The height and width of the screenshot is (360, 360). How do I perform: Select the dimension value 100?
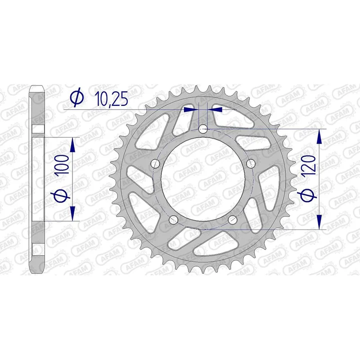click(x=63, y=166)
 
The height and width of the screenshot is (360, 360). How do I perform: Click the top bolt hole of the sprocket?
click(x=202, y=129)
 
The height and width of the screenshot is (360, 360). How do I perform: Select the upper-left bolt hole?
click(x=155, y=163)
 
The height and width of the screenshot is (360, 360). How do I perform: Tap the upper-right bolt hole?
click(x=250, y=163)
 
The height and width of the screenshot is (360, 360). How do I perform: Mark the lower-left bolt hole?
click(x=173, y=219)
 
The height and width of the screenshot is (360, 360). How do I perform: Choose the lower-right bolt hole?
click(x=232, y=219)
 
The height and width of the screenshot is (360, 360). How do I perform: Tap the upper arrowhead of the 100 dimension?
click(x=72, y=143)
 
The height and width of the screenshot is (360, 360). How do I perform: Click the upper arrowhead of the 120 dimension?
click(x=319, y=135)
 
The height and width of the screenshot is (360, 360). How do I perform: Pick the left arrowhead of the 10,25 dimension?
click(x=193, y=108)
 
